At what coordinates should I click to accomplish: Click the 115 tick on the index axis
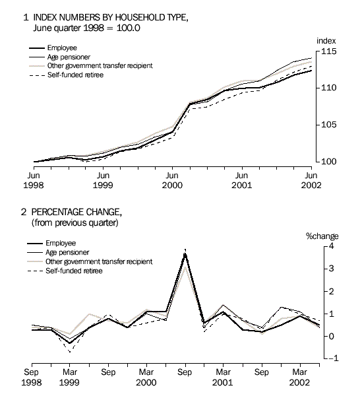click(328, 51)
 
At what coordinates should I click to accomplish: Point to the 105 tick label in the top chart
click(328, 125)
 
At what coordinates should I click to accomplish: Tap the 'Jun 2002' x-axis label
click(311, 181)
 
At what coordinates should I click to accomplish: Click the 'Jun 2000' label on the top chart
click(172, 181)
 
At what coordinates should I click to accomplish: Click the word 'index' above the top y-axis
click(326, 41)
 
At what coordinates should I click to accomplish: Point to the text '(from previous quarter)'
click(75, 222)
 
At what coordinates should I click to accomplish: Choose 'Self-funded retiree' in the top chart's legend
click(75, 75)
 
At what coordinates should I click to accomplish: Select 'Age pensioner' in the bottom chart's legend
click(68, 252)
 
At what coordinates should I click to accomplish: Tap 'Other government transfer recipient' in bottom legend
click(100, 261)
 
